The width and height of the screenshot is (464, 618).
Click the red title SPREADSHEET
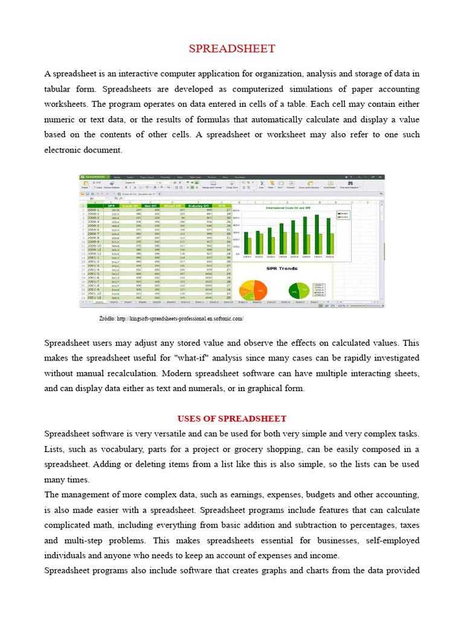click(232, 49)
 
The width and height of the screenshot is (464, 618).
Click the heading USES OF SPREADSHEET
click(232, 418)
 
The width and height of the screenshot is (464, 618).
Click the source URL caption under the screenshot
click(171, 318)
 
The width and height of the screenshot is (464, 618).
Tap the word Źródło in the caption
click(106, 318)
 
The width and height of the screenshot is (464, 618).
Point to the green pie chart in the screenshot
click(298, 290)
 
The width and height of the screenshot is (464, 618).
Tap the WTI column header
click(221, 205)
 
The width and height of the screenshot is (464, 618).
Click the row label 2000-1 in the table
click(94, 209)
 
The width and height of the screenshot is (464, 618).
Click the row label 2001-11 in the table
click(94, 298)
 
